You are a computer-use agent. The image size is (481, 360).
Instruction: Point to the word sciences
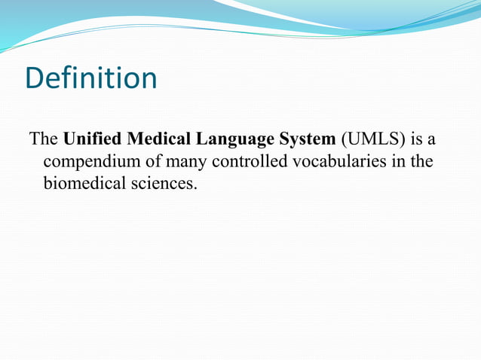[x=161, y=183]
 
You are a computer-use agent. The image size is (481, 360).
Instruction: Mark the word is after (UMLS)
[x=417, y=140]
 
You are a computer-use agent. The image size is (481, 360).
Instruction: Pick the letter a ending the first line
[x=433, y=141]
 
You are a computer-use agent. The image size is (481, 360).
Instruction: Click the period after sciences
[x=195, y=188]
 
